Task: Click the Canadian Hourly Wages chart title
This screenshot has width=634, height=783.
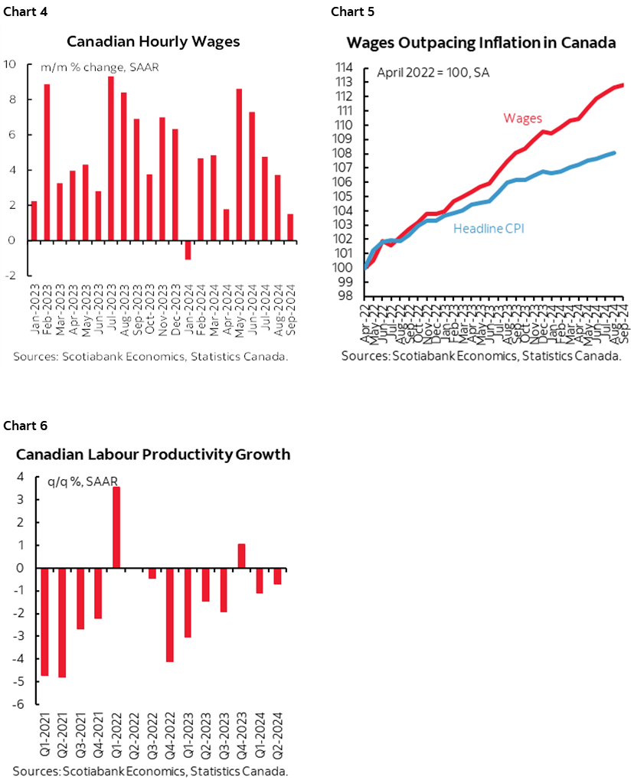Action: coord(153,41)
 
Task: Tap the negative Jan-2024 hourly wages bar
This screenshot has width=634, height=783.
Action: coord(188,250)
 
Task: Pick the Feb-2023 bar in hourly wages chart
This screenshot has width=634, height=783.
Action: coord(47,162)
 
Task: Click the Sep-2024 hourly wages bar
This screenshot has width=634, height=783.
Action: coord(290,227)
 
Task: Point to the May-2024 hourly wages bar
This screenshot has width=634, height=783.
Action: coord(239,165)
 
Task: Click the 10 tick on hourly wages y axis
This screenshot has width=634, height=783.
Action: coord(12,64)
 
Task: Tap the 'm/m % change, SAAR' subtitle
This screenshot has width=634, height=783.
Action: coord(88,68)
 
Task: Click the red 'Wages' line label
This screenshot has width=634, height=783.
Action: coord(522,118)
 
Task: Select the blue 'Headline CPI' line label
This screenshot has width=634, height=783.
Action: coord(489,228)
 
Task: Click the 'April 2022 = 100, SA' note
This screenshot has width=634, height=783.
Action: coord(433,74)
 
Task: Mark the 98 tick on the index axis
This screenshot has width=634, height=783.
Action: coord(345,296)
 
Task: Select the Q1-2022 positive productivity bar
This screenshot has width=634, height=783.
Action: coord(116,527)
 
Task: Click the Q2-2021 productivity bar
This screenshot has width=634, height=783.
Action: coord(62,622)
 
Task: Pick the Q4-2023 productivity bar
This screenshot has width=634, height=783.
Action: coord(241,556)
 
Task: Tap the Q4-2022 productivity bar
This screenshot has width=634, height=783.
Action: coord(170,615)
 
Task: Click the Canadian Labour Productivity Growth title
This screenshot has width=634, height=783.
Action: coord(153,455)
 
